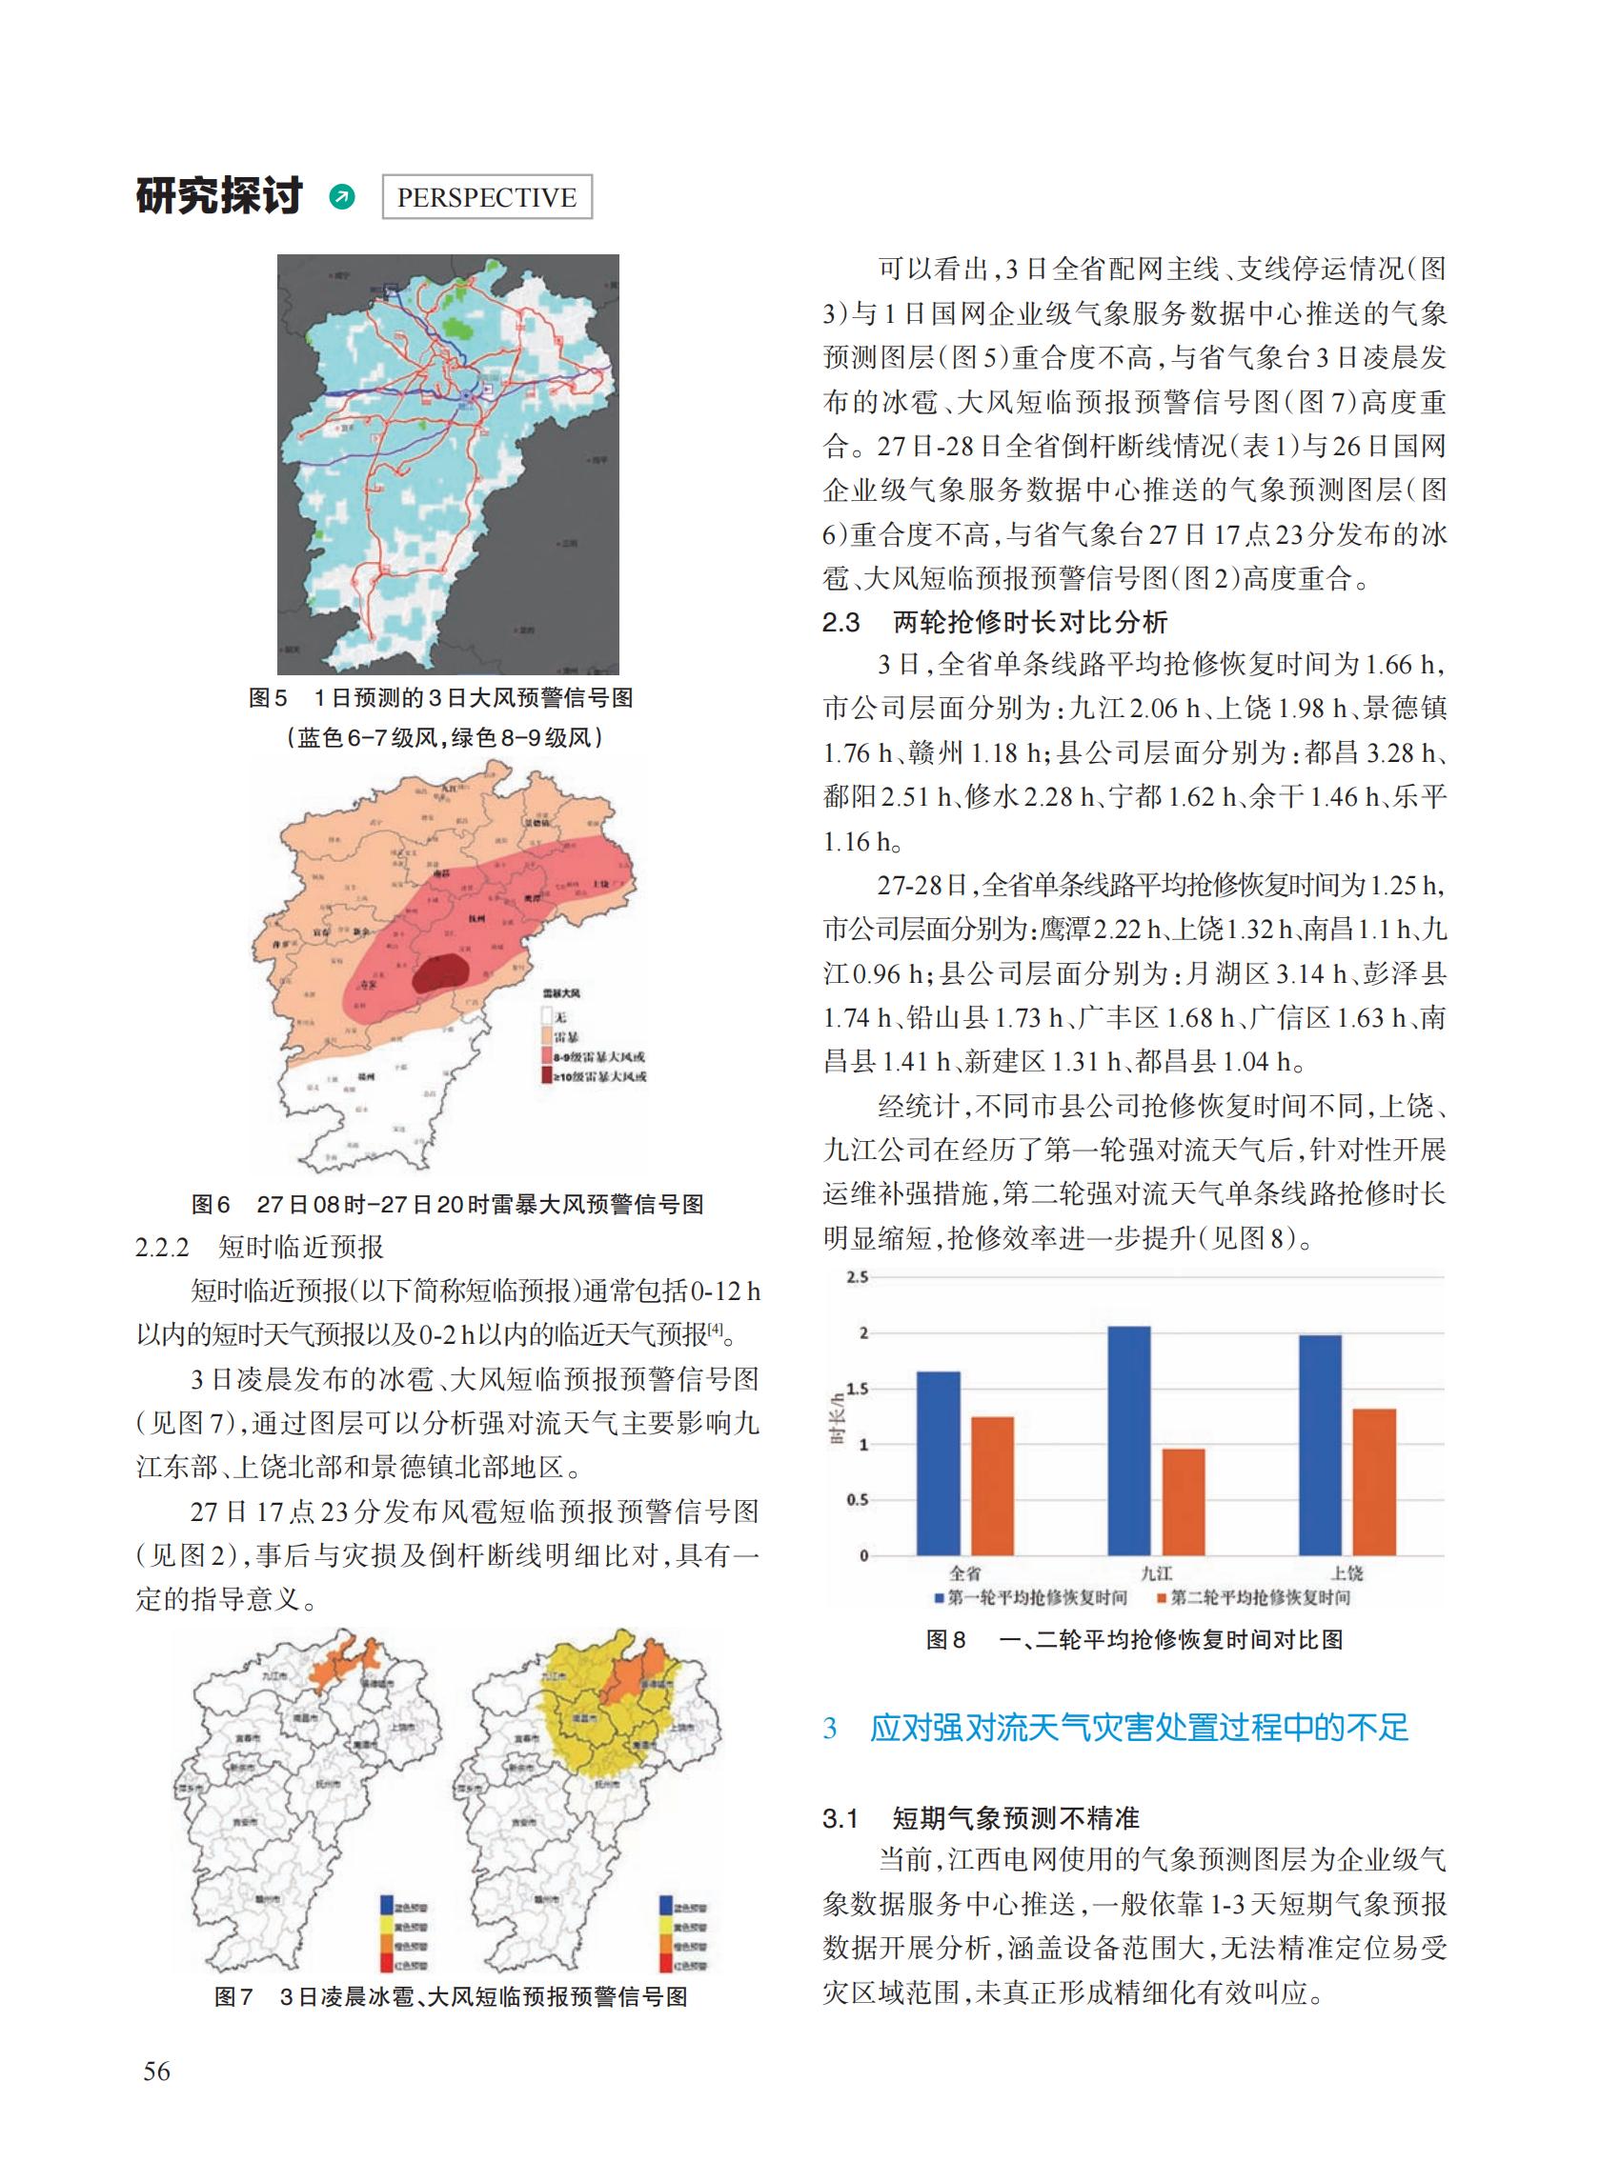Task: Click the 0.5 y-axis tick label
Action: point(857,1500)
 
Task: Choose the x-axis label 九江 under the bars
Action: point(1156,1573)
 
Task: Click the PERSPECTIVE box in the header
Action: point(486,197)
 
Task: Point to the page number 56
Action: point(157,2072)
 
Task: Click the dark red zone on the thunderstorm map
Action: point(437,973)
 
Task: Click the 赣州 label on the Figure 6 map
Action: point(366,1077)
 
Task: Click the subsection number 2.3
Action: point(840,623)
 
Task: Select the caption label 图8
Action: point(946,1640)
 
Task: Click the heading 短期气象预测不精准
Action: point(1015,1819)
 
